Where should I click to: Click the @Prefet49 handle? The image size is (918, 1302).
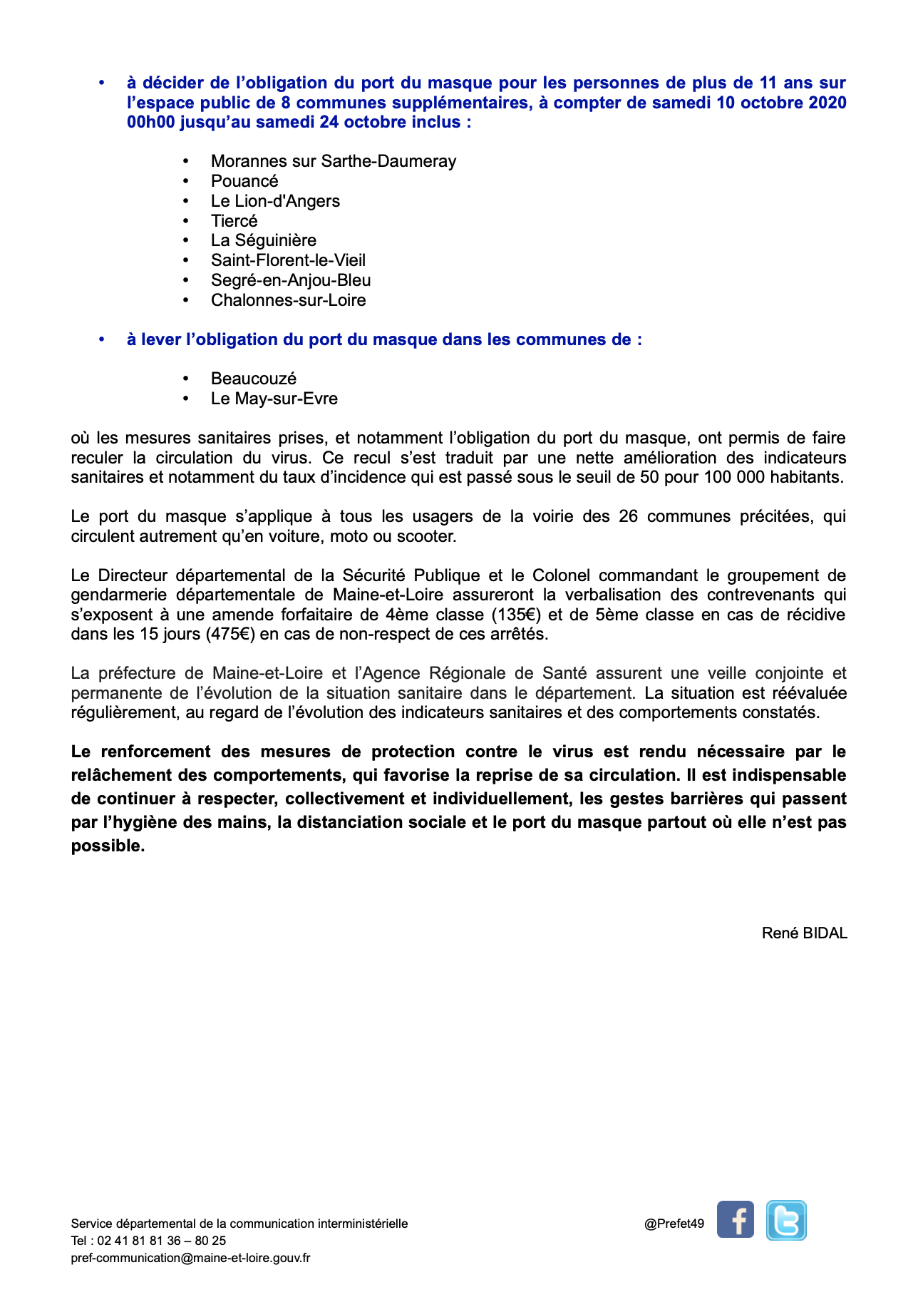(674, 1224)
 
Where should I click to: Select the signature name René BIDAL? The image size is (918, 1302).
(804, 933)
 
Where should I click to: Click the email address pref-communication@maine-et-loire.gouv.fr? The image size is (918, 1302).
(190, 1258)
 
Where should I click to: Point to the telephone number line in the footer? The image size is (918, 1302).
(148, 1241)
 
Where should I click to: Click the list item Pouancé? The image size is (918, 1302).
(244, 181)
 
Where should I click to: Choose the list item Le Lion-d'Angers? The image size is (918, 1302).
(275, 201)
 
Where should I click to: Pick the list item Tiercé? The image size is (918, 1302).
(234, 221)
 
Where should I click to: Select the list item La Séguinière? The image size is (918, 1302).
(263, 240)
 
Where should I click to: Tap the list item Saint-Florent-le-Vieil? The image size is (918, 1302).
(288, 260)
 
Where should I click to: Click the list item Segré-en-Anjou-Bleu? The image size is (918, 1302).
(291, 280)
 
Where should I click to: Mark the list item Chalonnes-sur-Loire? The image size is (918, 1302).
(288, 300)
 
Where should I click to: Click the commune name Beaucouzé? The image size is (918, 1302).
(253, 379)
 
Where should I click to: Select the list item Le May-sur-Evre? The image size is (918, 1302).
(274, 399)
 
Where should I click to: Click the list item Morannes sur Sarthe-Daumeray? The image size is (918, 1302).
(333, 161)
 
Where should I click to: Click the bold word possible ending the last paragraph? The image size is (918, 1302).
(108, 846)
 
